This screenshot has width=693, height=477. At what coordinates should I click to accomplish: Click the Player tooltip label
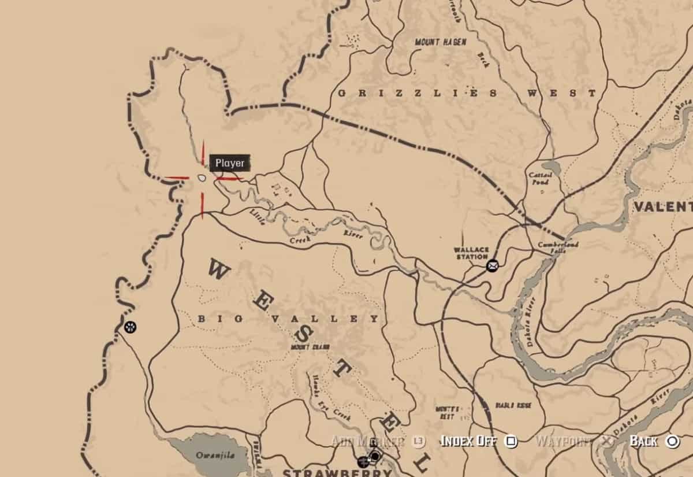click(230, 164)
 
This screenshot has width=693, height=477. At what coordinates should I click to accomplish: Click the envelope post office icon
click(492, 266)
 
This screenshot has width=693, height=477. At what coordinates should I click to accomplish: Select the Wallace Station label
click(471, 253)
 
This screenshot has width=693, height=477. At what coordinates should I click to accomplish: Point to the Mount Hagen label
click(441, 42)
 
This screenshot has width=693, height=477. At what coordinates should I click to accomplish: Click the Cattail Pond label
click(541, 178)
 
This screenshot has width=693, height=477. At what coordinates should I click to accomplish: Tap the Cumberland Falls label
click(558, 249)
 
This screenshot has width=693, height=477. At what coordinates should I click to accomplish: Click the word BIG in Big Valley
click(210, 319)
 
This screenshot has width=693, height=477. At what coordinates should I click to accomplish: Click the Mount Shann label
click(310, 347)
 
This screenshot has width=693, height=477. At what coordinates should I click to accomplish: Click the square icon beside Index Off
click(511, 442)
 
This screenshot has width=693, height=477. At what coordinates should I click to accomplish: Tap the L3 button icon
click(419, 442)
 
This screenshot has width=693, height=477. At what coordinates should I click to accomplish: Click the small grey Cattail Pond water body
click(552, 168)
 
